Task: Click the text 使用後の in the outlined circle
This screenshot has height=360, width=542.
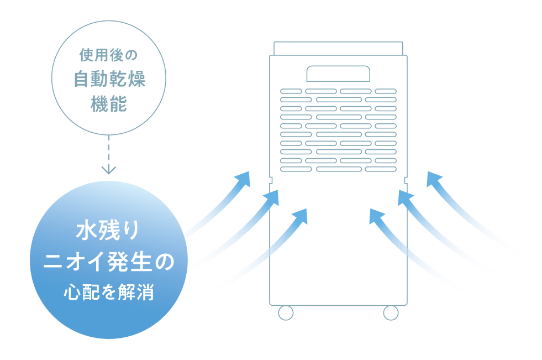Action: pos(108,55)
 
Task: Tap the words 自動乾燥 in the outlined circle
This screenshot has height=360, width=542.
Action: pos(109,79)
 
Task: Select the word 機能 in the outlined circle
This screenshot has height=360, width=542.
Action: pos(109,104)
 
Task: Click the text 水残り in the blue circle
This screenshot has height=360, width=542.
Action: pos(108,230)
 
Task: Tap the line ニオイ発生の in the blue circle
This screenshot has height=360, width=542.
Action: pos(109,261)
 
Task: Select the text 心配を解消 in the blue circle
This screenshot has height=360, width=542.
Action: pos(109,292)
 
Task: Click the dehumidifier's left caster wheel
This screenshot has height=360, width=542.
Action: pos(286,313)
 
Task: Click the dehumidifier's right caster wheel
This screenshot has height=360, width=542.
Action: pos(391,313)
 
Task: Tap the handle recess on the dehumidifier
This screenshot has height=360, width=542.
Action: pos(338,74)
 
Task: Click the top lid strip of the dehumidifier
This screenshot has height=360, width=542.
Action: pos(338,49)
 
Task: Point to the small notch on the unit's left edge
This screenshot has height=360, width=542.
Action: pos(271,180)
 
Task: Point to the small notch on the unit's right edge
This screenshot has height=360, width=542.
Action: pos(406,180)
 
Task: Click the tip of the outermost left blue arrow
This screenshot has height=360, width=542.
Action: pos(249,171)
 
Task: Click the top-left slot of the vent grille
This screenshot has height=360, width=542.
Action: pos(291,91)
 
